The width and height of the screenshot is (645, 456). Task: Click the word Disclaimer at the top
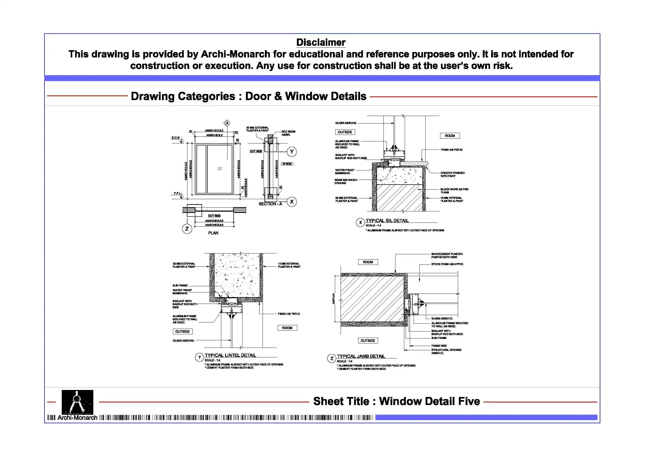click(x=321, y=42)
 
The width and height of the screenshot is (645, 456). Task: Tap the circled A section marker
click(x=227, y=123)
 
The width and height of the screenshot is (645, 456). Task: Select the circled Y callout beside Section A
click(x=292, y=152)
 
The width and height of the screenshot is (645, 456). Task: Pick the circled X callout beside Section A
click(x=292, y=202)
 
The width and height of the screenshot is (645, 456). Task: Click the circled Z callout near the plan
click(x=187, y=229)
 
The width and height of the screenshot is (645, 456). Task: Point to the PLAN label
click(x=213, y=233)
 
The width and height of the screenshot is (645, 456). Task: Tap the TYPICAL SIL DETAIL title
click(x=387, y=220)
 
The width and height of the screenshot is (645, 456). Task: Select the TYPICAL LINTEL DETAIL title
click(x=230, y=355)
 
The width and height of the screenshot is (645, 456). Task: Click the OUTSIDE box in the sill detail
click(x=345, y=132)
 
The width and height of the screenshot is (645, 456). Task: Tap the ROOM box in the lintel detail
click(x=287, y=328)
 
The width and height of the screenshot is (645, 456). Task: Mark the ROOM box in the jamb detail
click(x=368, y=262)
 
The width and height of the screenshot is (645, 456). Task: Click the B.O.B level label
click(x=175, y=138)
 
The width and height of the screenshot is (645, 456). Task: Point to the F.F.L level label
click(x=178, y=193)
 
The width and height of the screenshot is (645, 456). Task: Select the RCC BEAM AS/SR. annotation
click(x=288, y=133)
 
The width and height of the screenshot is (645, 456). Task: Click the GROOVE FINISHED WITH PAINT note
click(x=452, y=174)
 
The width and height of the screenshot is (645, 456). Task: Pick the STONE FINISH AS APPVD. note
click(x=447, y=264)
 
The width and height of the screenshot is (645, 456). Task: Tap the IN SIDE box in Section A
click(x=287, y=164)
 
